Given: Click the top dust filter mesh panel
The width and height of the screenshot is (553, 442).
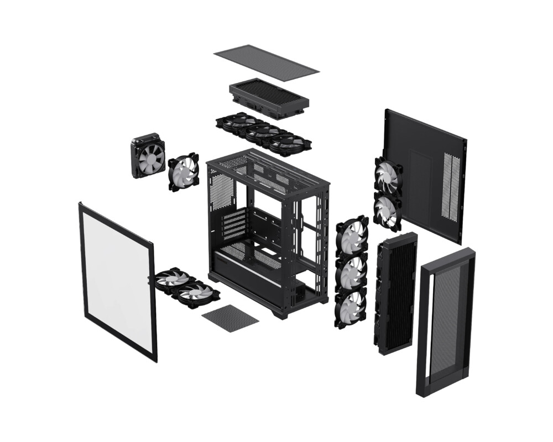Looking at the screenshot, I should pyautogui.click(x=265, y=62).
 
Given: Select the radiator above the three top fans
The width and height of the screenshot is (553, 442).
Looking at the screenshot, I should pyautogui.click(x=269, y=97).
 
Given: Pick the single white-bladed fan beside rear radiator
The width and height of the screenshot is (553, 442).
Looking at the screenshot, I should pyautogui.click(x=184, y=172).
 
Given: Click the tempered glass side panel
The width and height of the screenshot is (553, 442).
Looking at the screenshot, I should pyautogui.click(x=117, y=278).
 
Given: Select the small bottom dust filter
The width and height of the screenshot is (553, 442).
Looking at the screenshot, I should pyautogui.click(x=230, y=318).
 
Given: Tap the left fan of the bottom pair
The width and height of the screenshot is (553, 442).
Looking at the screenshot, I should pyautogui.click(x=172, y=280).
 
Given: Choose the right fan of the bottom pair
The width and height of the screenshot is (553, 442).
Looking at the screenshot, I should pyautogui.click(x=195, y=293).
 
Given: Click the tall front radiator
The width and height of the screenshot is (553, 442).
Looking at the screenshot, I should pyautogui.click(x=395, y=293).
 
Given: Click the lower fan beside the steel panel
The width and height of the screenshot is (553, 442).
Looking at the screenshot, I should pyautogui.click(x=387, y=210).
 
